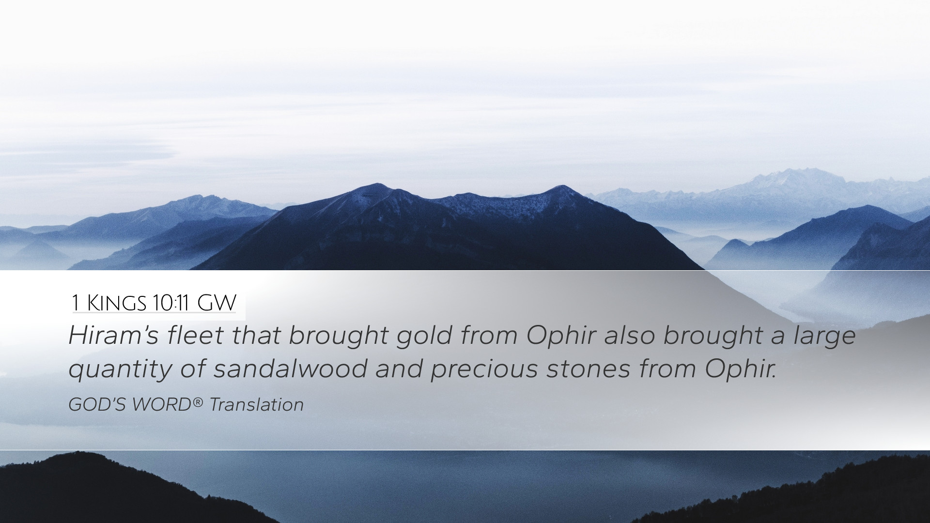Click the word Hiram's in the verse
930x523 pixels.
pyautogui.click(x=113, y=335)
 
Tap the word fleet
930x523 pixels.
pyautogui.click(x=195, y=335)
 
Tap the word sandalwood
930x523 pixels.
pyautogui.click(x=290, y=368)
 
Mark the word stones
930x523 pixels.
pyautogui.click(x=589, y=369)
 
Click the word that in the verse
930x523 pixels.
pyautogui.click(x=256, y=335)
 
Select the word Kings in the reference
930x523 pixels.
pyautogui.click(x=116, y=303)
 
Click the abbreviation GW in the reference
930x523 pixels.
pyautogui.click(x=217, y=303)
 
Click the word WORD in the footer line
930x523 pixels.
pyautogui.click(x=161, y=405)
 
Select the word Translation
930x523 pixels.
pyautogui.click(x=256, y=405)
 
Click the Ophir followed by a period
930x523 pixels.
pyautogui.click(x=741, y=368)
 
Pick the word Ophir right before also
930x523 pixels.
pyautogui.click(x=560, y=335)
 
